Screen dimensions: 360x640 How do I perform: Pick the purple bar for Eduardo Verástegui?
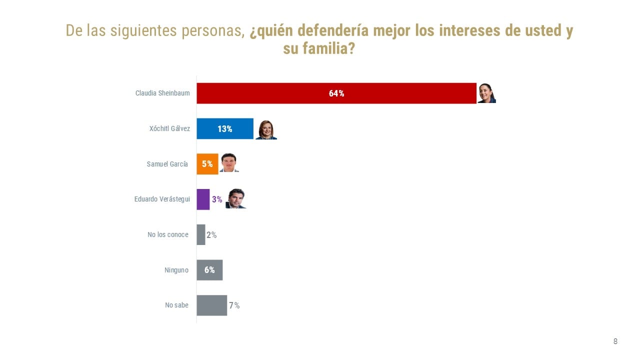[x=203, y=199]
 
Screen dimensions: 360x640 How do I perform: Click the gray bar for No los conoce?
[x=201, y=234]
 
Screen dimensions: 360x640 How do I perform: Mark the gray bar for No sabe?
[x=211, y=305]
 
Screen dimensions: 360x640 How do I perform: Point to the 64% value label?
[x=336, y=93]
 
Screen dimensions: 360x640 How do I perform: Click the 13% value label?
[x=224, y=129]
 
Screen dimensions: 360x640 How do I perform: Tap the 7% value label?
[x=234, y=305]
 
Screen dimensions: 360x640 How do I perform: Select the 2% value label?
[x=211, y=235]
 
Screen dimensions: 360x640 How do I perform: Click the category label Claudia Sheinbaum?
[x=162, y=93]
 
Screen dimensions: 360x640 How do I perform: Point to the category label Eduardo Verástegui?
[x=162, y=199]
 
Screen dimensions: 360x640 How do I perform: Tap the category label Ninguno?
[x=176, y=270]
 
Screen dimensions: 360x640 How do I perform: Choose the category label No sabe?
[x=176, y=305]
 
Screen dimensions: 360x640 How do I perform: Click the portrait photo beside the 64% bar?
[x=486, y=93]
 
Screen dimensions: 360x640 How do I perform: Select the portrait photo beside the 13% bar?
[x=265, y=129]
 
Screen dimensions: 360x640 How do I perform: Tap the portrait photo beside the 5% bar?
[x=228, y=163]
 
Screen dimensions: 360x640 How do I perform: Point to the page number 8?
[x=615, y=341]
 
